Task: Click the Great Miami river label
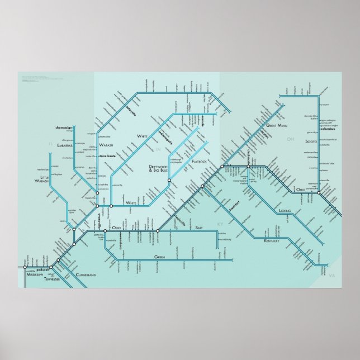click(278, 126)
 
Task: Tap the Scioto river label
click(310, 143)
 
